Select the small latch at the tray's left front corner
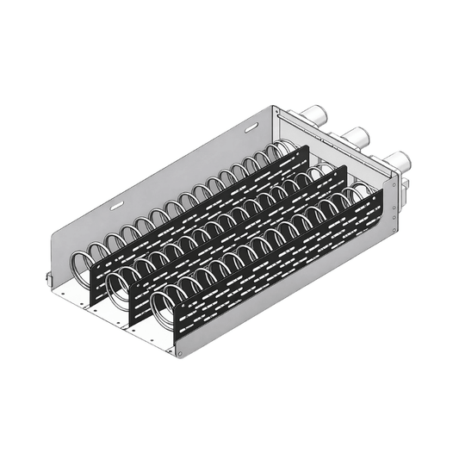[x=47, y=278]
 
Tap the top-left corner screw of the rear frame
[x=276, y=109]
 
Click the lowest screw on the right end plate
[x=395, y=231]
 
